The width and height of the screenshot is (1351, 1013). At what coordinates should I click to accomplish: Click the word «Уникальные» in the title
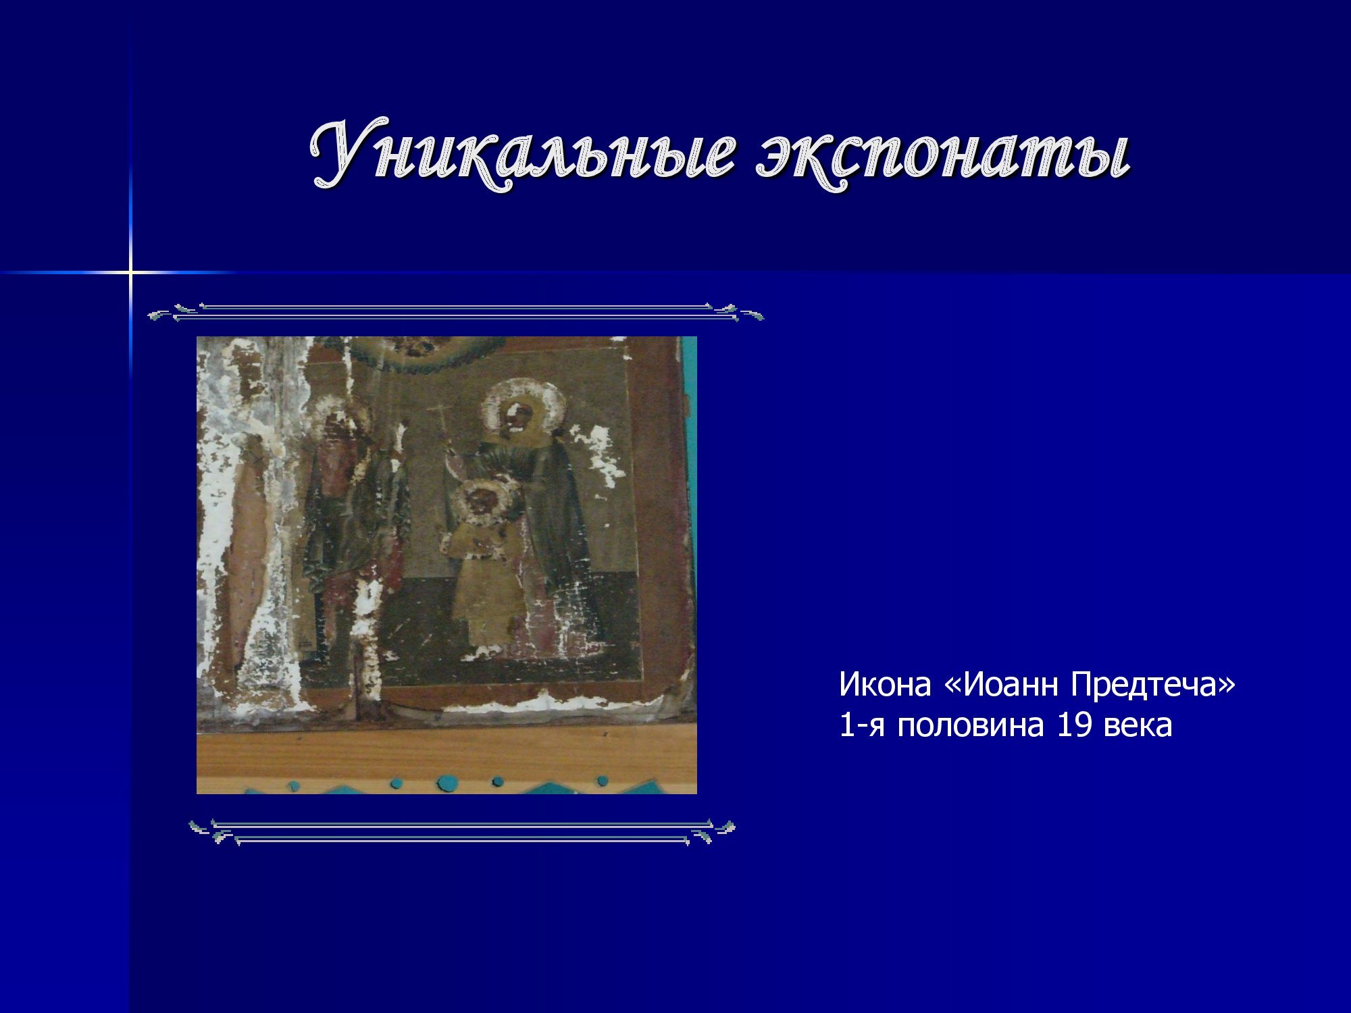pyautogui.click(x=521, y=153)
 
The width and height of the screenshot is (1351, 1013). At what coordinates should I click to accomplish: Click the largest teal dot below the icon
pyautogui.click(x=447, y=781)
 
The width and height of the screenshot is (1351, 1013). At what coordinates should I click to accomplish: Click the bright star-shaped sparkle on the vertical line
pyautogui.click(x=131, y=272)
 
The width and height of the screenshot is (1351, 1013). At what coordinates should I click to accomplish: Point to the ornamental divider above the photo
pyautogui.click(x=456, y=312)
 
